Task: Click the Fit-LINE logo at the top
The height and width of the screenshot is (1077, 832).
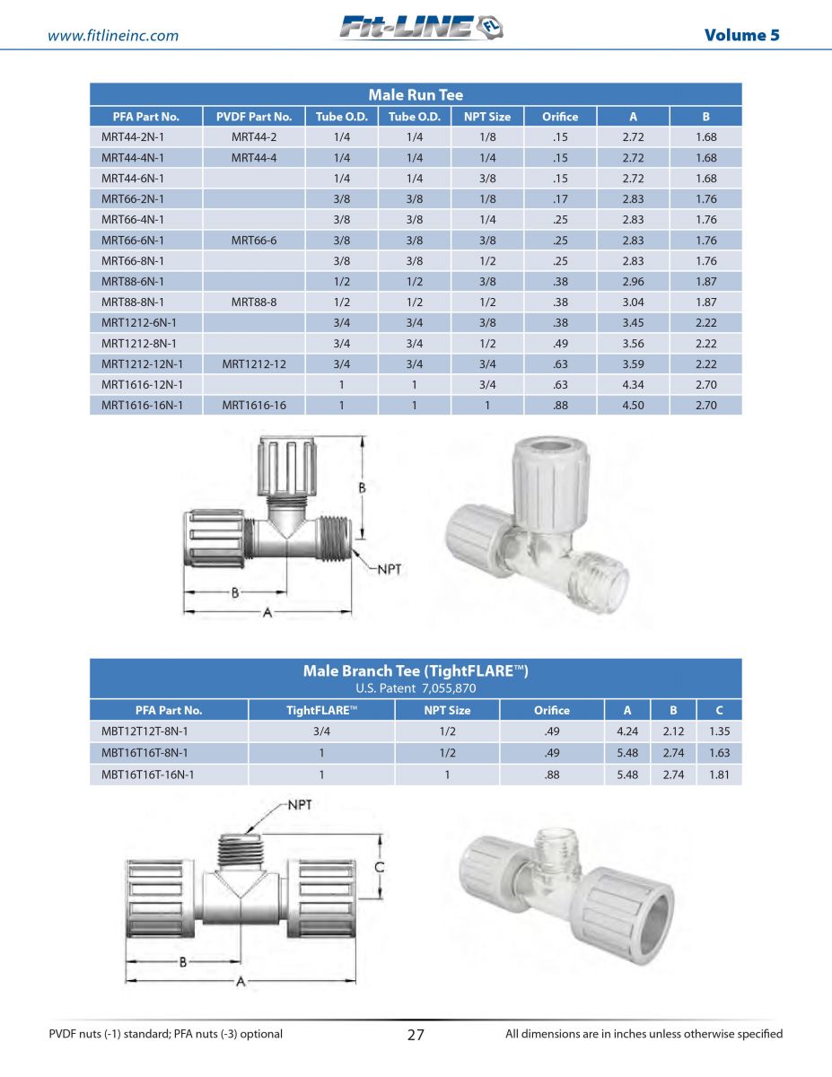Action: point(421,29)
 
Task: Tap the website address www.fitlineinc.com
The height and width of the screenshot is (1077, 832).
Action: point(112,36)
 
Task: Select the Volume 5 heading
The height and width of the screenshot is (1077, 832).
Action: point(741,35)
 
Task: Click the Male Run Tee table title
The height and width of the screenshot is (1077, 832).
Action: point(416,94)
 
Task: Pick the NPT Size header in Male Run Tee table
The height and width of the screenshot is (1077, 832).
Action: point(486,117)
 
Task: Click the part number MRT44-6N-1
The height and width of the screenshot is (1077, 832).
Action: point(133,179)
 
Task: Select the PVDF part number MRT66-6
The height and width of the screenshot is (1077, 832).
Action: point(254,241)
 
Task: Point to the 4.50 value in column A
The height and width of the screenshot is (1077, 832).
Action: point(633,405)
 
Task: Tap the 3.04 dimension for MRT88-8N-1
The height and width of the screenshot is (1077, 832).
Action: point(633,302)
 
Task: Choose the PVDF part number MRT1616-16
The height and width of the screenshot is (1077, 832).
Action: point(254,405)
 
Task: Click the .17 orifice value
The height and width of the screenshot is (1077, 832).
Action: point(560,199)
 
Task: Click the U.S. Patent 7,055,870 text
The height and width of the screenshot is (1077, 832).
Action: point(416,688)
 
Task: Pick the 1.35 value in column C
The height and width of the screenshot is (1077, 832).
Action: point(719,731)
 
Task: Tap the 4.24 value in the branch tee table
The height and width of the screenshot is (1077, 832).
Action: point(627,731)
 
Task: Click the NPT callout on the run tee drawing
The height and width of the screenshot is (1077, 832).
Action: point(388,568)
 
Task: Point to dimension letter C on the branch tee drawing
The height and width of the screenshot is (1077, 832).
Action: point(380,868)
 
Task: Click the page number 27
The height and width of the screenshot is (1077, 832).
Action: point(416,1034)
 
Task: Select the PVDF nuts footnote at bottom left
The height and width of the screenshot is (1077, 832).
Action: point(166,1034)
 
